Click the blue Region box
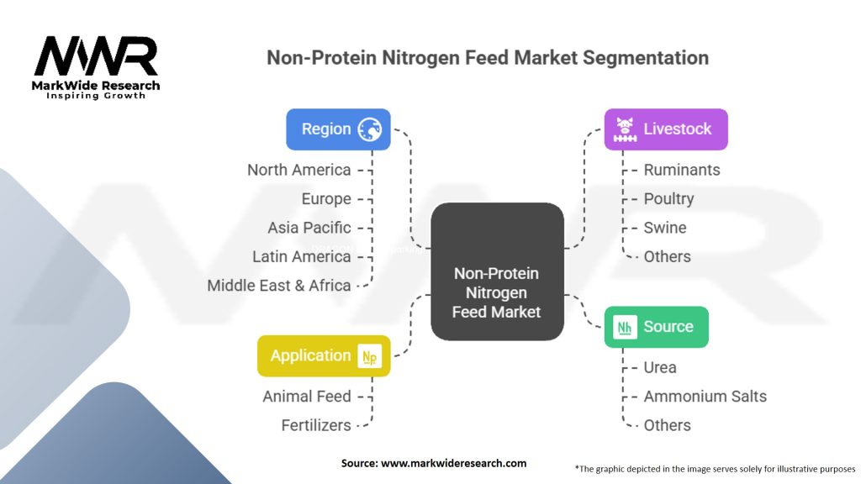click(338, 129)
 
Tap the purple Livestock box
click(666, 129)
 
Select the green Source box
click(656, 327)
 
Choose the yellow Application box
click(324, 356)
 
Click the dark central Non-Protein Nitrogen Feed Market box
click(497, 271)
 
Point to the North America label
click(298, 170)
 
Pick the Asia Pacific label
click(309, 228)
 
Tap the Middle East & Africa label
click(279, 286)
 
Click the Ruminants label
click(681, 170)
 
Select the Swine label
click(665, 228)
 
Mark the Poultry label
click(668, 198)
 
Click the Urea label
click(660, 368)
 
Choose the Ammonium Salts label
click(705, 397)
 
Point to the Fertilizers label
click(316, 425)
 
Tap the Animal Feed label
click(307, 397)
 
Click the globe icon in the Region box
click(370, 129)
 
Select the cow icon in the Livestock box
click(625, 129)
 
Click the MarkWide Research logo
click(96, 67)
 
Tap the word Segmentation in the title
click(646, 58)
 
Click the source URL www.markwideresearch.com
click(453, 463)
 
